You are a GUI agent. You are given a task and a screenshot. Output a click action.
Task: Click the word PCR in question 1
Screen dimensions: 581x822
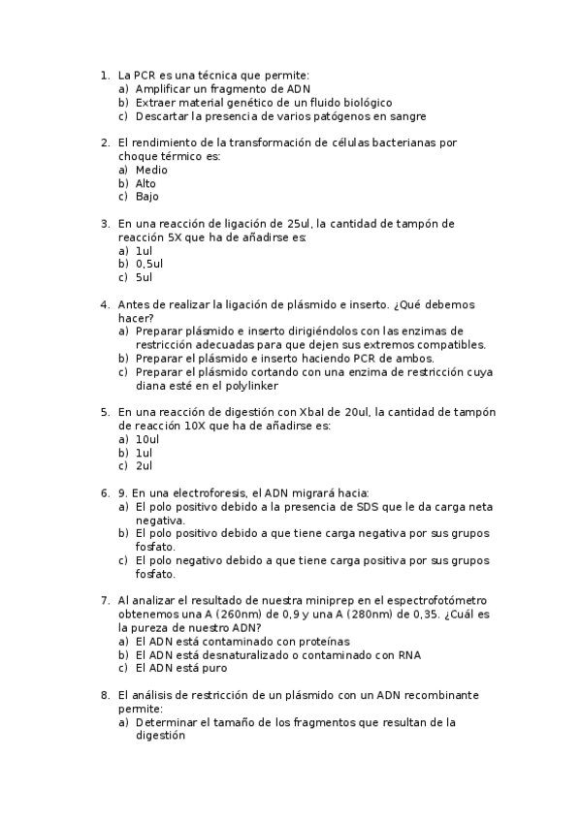tap(145, 75)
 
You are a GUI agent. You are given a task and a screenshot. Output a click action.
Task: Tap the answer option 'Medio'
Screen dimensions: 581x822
tap(151, 170)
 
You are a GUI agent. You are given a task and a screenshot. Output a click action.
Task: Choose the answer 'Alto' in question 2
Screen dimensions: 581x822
tap(145, 183)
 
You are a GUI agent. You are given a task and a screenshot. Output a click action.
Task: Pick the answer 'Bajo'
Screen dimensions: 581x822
tap(146, 197)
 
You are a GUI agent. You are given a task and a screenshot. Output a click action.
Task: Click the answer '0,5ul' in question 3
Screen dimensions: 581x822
tap(149, 264)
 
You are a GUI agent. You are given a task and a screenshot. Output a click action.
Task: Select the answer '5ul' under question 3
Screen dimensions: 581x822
tap(144, 277)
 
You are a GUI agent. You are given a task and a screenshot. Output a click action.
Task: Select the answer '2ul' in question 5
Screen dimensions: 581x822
tap(144, 466)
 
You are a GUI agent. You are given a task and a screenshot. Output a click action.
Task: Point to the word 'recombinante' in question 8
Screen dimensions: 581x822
tap(443, 695)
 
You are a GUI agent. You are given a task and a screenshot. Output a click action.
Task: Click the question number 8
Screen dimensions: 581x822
tap(104, 695)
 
